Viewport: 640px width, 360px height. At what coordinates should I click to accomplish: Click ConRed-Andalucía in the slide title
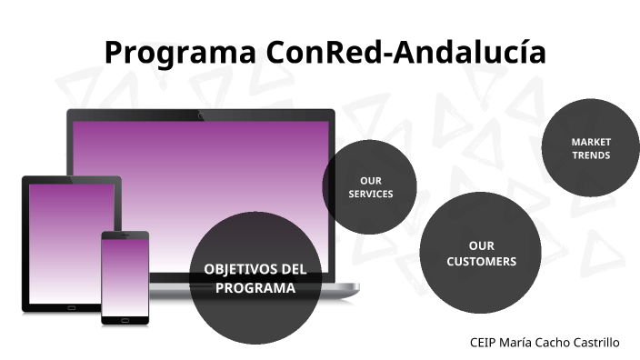pyautogui.click(x=406, y=53)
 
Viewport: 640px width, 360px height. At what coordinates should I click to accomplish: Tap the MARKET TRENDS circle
pyautogui.click(x=590, y=148)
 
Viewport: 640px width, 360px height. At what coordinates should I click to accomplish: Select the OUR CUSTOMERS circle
pyautogui.click(x=480, y=254)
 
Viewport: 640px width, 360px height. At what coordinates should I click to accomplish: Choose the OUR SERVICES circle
pyautogui.click(x=370, y=187)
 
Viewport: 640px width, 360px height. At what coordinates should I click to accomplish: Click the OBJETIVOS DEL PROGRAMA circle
pyautogui.click(x=255, y=278)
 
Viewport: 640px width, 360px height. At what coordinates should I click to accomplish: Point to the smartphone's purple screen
pyautogui.click(x=125, y=276)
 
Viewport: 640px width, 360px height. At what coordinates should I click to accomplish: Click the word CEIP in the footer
pyautogui.click(x=484, y=343)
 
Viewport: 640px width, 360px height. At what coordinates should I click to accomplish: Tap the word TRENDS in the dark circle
pyautogui.click(x=591, y=155)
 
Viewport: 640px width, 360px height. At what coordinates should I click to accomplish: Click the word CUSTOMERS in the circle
pyautogui.click(x=481, y=262)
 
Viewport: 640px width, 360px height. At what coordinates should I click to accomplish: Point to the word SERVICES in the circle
pyautogui.click(x=371, y=195)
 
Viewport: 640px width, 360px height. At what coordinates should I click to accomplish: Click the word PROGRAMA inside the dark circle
pyautogui.click(x=255, y=288)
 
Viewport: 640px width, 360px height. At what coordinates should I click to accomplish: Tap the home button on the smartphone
pyautogui.click(x=125, y=319)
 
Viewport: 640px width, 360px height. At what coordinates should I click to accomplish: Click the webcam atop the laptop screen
pyautogui.click(x=200, y=115)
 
